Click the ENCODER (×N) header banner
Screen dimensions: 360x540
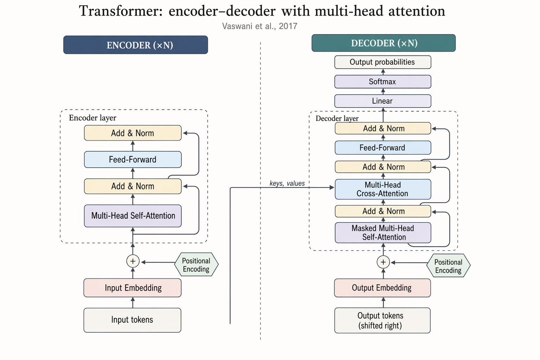click(x=135, y=45)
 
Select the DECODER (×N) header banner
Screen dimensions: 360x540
click(x=384, y=43)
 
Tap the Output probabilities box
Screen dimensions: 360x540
click(x=382, y=62)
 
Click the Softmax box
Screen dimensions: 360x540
click(x=382, y=82)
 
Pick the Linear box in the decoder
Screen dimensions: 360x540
click(x=382, y=101)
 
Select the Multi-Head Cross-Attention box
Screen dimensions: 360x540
click(x=382, y=189)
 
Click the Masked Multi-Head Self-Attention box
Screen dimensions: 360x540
click(x=382, y=233)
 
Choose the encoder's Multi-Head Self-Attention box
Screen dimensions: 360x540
click(x=133, y=216)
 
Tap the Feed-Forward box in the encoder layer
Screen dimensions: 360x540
click(x=133, y=160)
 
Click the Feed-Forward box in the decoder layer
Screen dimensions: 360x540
click(x=382, y=148)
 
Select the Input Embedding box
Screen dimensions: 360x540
click(x=133, y=288)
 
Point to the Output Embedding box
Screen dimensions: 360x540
click(x=382, y=288)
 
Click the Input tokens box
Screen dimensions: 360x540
click(x=132, y=320)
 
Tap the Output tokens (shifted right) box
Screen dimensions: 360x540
click(x=382, y=320)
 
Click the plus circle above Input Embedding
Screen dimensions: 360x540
click(x=133, y=261)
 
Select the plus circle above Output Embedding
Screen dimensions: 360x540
click(x=383, y=262)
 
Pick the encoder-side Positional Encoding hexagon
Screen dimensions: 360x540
click(x=196, y=265)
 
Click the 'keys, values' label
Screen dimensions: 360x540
click(x=287, y=183)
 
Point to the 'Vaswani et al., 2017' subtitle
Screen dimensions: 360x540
click(x=260, y=26)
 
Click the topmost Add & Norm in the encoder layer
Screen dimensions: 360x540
click(x=133, y=133)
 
